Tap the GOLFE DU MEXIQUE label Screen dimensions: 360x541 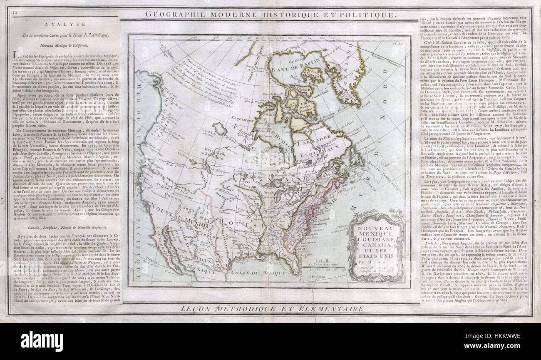(x=261, y=272)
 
